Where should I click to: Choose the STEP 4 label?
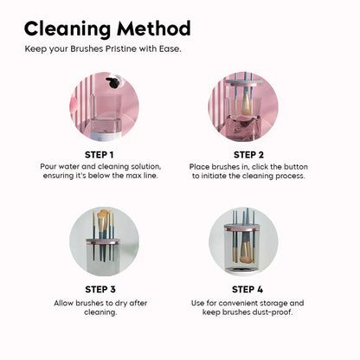tap(248, 289)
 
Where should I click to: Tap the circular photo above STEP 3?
tap(103, 240)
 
